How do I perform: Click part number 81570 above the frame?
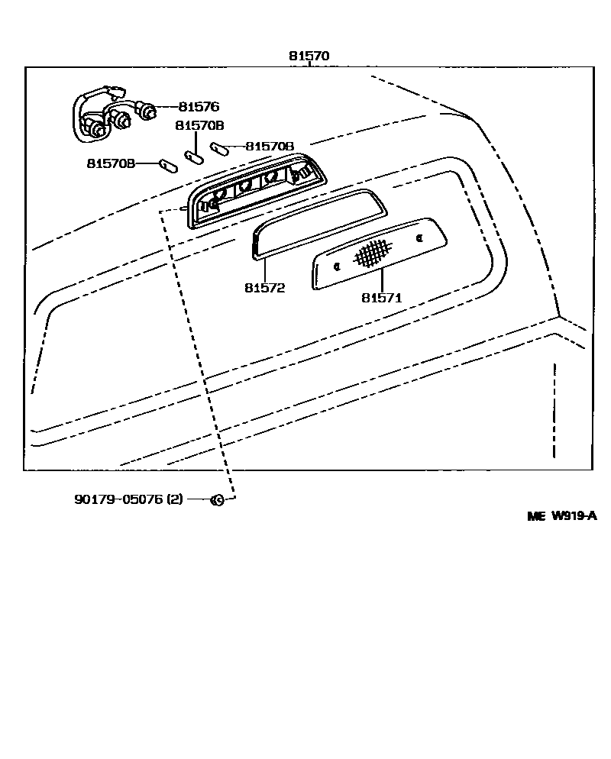coord(309,56)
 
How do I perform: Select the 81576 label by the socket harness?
coord(199,108)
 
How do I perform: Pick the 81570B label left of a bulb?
coord(111,163)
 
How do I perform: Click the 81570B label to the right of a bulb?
coord(270,146)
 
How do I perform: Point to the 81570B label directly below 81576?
coord(199,126)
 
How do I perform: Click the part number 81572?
coord(264,288)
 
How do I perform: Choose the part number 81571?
coord(381,298)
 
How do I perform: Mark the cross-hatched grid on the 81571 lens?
coord(371,252)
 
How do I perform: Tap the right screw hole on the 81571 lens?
coord(419,239)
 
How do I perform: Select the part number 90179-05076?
coord(118,499)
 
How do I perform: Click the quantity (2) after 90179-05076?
coord(175,499)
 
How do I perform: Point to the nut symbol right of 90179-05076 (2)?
coord(216,500)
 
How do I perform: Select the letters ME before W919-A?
coord(537,516)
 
